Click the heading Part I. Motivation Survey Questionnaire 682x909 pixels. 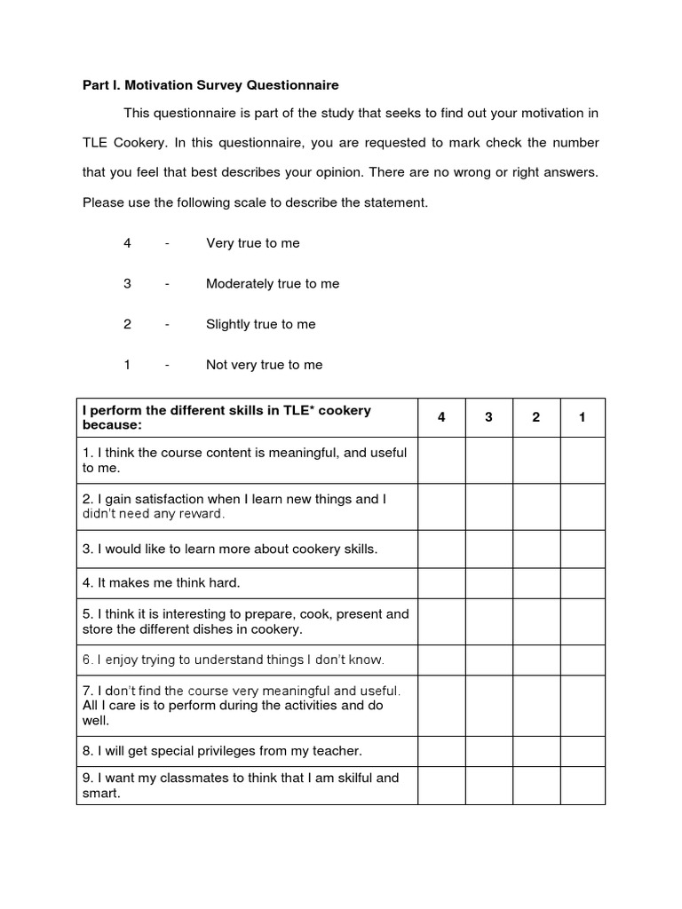[210, 85]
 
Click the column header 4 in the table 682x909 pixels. [441, 418]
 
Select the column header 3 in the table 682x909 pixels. [488, 418]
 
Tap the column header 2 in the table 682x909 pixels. [535, 418]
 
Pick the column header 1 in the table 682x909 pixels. [582, 418]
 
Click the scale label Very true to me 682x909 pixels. [253, 243]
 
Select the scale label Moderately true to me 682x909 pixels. [273, 284]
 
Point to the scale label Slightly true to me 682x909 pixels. [260, 324]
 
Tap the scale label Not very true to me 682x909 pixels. [264, 365]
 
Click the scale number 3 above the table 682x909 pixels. [128, 284]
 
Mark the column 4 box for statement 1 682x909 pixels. [441, 460]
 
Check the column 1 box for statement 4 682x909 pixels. [582, 583]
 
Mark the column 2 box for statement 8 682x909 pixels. [535, 751]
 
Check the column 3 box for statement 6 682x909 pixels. [488, 660]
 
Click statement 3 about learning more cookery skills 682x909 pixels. [230, 549]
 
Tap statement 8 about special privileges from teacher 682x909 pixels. [222, 751]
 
